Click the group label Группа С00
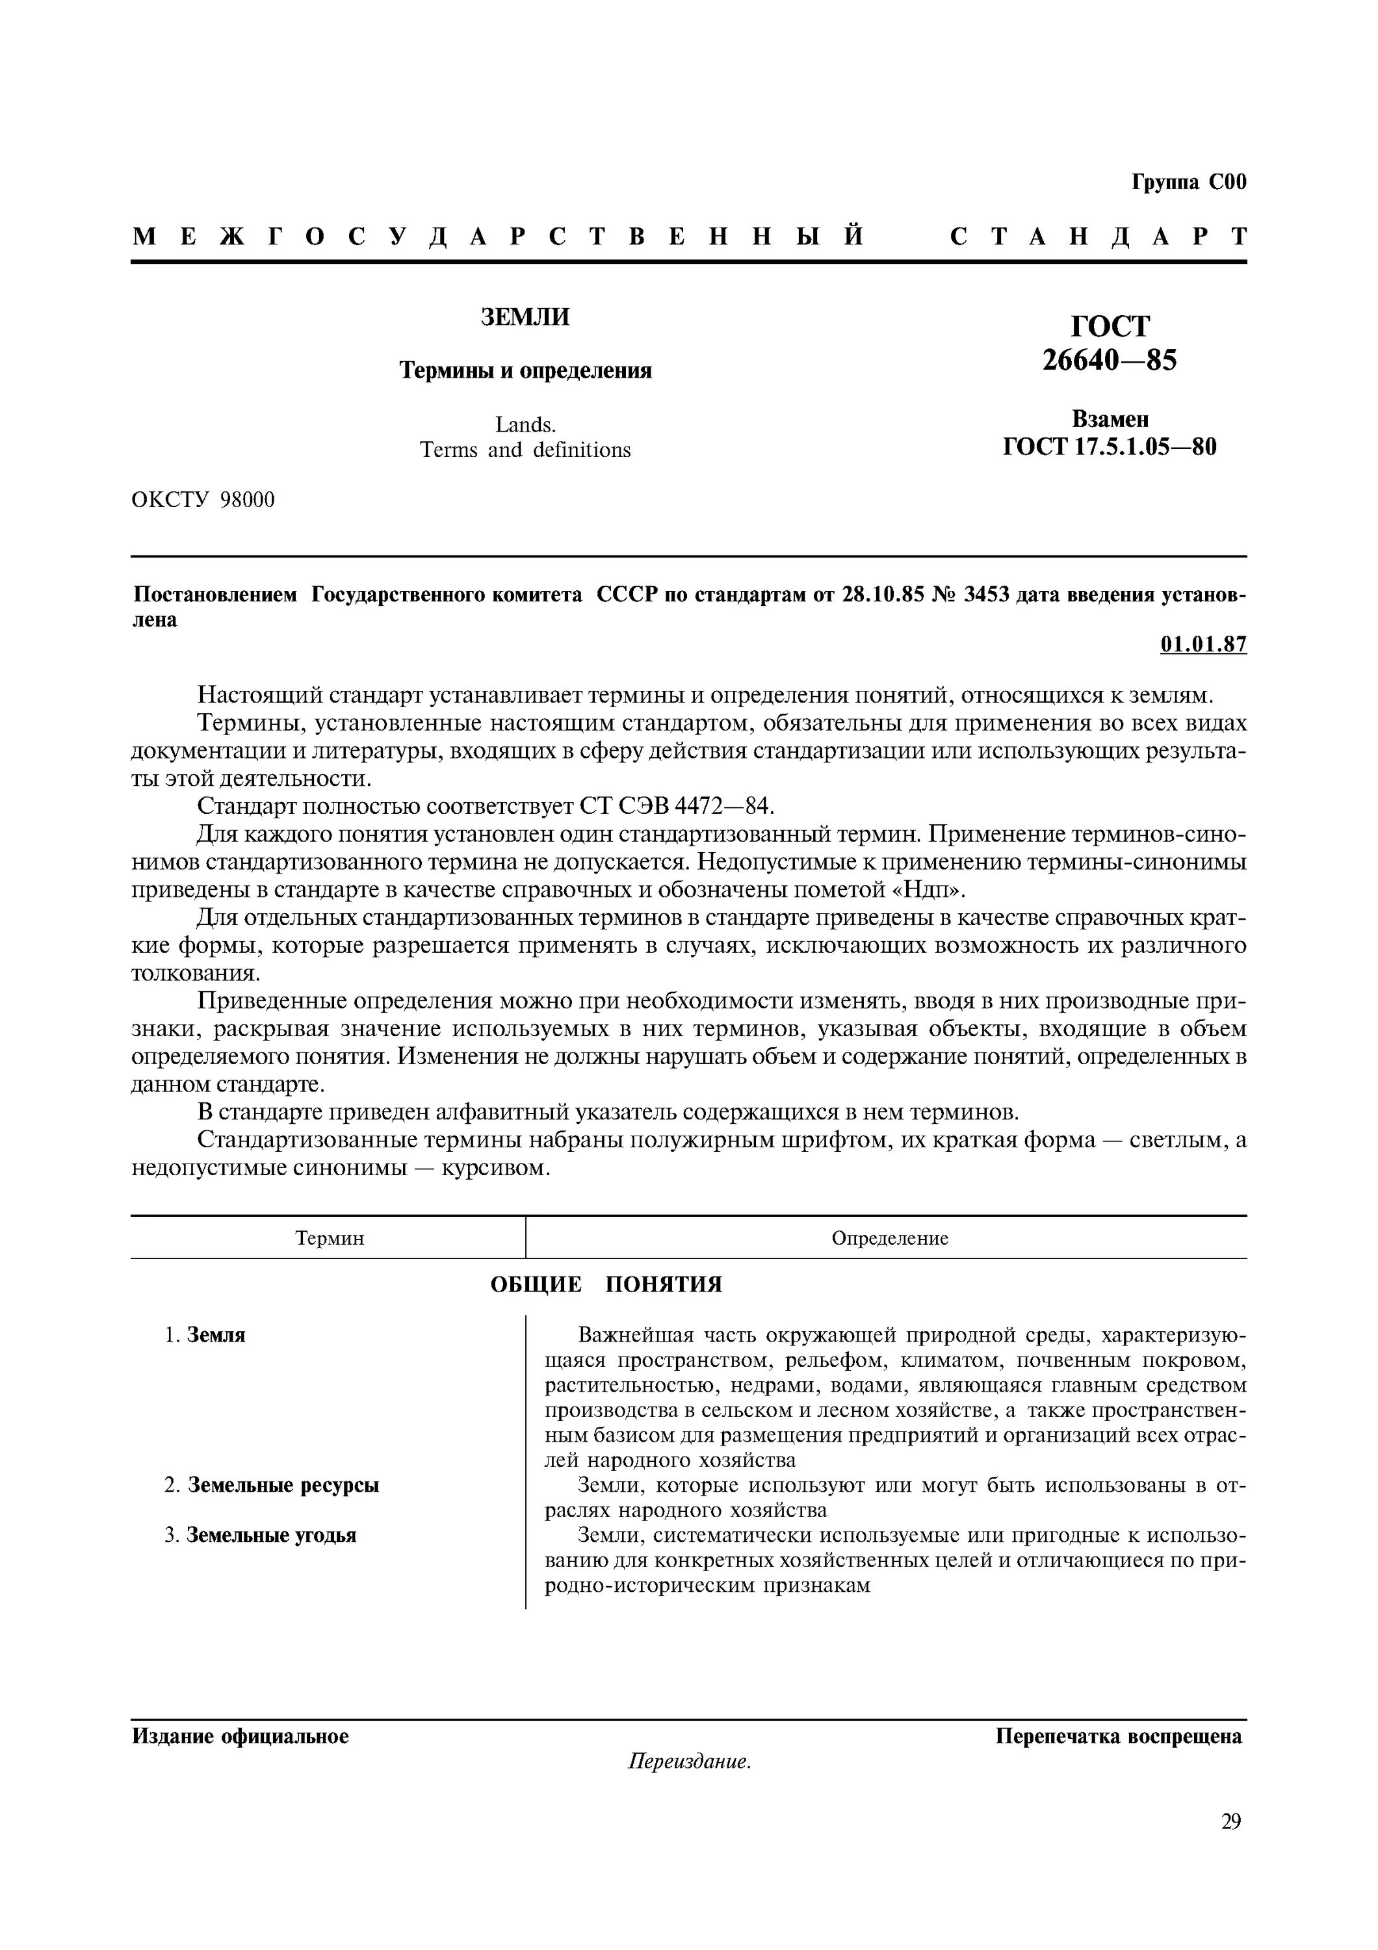click(x=1189, y=183)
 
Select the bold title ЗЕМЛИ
click(x=526, y=317)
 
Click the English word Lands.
click(x=526, y=424)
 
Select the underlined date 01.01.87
click(x=1203, y=645)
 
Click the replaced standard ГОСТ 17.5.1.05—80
click(x=1110, y=447)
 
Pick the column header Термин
click(x=330, y=1238)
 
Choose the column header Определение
click(x=889, y=1238)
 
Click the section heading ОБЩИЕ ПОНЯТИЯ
click(x=606, y=1284)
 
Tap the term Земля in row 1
click(x=216, y=1335)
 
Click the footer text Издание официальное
click(x=240, y=1736)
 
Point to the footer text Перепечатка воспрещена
click(x=1118, y=1736)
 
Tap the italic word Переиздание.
click(x=690, y=1762)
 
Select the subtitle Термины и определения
click(x=526, y=370)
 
